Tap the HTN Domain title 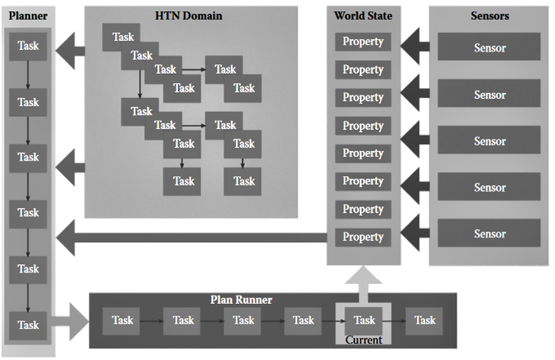pos(189,15)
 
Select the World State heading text pos(363,15)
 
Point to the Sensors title pos(489,15)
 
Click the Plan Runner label pos(241,300)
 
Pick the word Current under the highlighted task pos(364,340)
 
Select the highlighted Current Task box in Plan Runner pos(364,320)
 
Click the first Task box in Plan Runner pos(123,320)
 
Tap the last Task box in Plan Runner pos(425,320)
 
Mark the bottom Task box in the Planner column pos(28,325)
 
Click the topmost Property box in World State pos(363,41)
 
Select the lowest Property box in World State pos(363,237)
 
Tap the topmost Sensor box pos(489,48)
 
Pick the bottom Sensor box pos(489,234)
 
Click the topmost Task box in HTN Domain pos(123,37)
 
